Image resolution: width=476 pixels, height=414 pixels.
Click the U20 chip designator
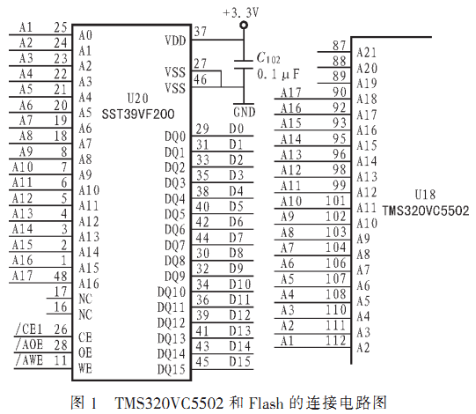137,99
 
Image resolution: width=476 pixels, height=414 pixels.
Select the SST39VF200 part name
138,115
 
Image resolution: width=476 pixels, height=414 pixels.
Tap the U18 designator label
425,195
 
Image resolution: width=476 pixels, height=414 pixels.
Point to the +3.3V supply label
240,12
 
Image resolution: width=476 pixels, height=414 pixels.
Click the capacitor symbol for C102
244,65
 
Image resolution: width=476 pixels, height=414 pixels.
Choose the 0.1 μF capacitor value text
278,74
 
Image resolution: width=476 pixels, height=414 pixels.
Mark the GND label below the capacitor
245,112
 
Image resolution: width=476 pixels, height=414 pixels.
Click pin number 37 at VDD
201,32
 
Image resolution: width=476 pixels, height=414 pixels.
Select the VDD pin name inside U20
175,41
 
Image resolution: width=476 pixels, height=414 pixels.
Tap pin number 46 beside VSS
201,79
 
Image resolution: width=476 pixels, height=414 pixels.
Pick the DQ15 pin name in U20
172,370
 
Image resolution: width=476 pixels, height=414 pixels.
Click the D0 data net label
237,129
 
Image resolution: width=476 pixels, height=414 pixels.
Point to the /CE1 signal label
29,329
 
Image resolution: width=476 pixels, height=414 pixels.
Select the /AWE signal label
29,360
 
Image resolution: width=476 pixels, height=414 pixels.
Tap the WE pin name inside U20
85,368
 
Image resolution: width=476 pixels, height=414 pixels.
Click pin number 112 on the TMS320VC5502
336,340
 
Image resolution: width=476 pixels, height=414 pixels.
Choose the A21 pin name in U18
367,52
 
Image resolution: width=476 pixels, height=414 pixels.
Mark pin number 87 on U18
339,46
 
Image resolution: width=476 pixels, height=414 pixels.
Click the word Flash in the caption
266,403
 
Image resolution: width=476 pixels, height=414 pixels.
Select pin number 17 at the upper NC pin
61,292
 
